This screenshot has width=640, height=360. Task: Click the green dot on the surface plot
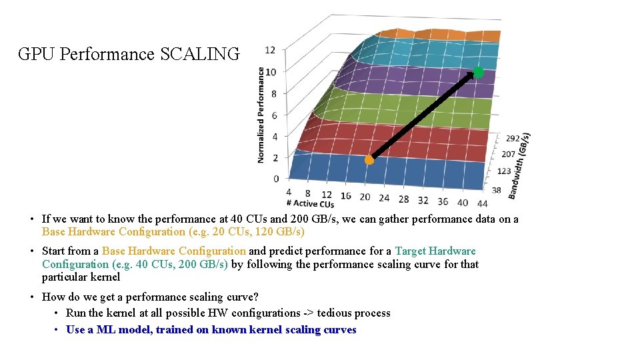tap(478, 72)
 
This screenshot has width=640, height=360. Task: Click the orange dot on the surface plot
tap(369, 160)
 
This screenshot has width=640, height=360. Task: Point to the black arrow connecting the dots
tap(423, 116)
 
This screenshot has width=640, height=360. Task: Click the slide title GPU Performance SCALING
tap(128, 54)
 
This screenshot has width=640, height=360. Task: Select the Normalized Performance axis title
tap(261, 115)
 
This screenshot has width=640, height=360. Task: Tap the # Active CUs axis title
tap(310, 203)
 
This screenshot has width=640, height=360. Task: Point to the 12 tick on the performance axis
tap(270, 50)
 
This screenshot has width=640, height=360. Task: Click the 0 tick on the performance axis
tap(276, 178)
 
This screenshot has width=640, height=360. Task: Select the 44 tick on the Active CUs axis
tap(483, 203)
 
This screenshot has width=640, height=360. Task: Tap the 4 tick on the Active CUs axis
tap(288, 192)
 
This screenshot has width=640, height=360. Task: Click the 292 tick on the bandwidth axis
tap(513, 139)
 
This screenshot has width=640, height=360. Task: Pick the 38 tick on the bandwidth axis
tap(496, 190)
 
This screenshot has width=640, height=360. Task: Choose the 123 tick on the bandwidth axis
tap(504, 171)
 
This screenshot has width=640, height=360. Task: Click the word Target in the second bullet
tap(411, 251)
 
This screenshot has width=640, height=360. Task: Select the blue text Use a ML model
tap(110, 330)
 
